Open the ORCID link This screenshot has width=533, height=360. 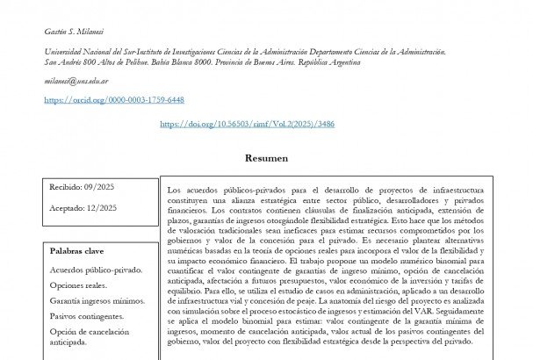(114, 100)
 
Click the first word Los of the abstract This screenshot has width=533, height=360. (173, 190)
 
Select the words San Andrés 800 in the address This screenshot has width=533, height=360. (68, 62)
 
